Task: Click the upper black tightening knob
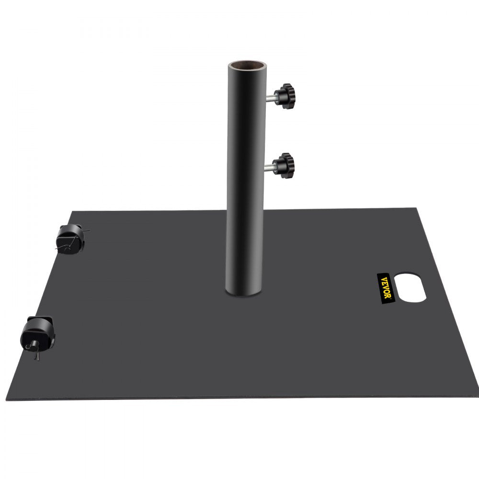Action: click(x=287, y=95)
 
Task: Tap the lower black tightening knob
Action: click(x=287, y=165)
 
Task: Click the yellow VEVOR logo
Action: click(x=386, y=287)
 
